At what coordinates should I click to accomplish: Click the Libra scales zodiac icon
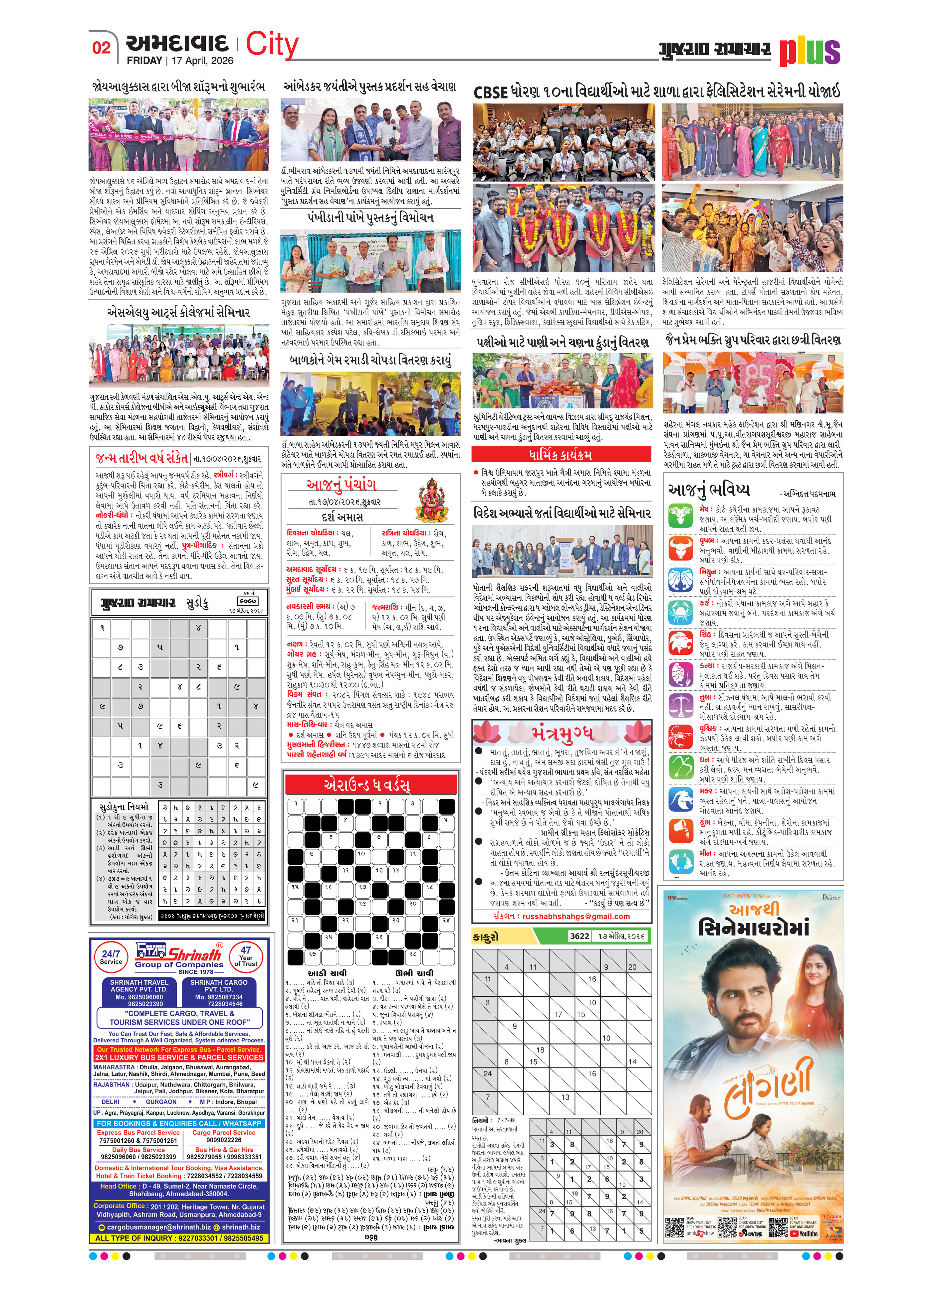[681, 706]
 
